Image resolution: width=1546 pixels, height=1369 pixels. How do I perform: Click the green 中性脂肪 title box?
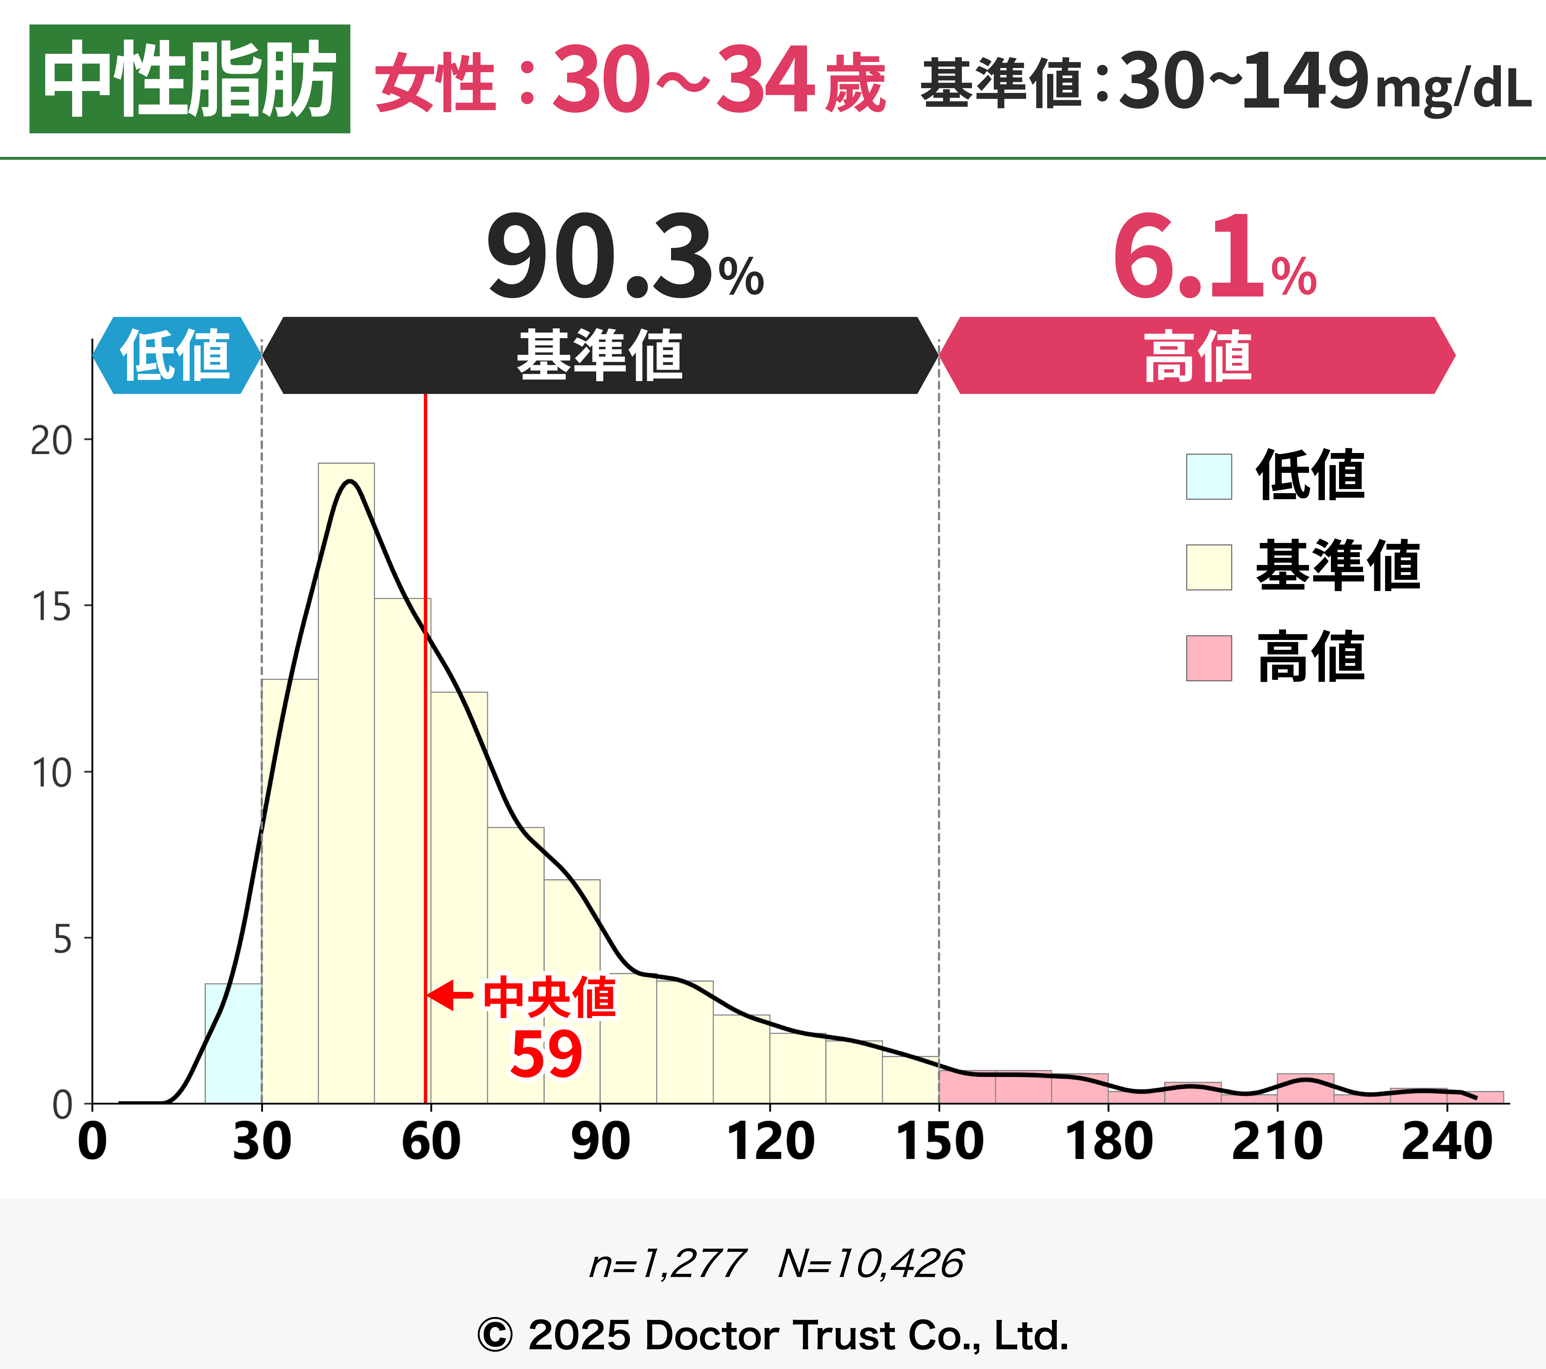point(189,79)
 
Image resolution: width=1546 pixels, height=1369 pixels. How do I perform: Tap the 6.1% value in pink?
point(1214,257)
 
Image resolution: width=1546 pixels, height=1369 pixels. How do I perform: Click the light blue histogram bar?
point(233,1044)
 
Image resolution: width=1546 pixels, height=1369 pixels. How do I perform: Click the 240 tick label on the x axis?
point(1446,1142)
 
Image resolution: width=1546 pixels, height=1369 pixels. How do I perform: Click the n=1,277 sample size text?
point(667,1264)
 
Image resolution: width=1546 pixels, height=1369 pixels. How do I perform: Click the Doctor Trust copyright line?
point(773,1335)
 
